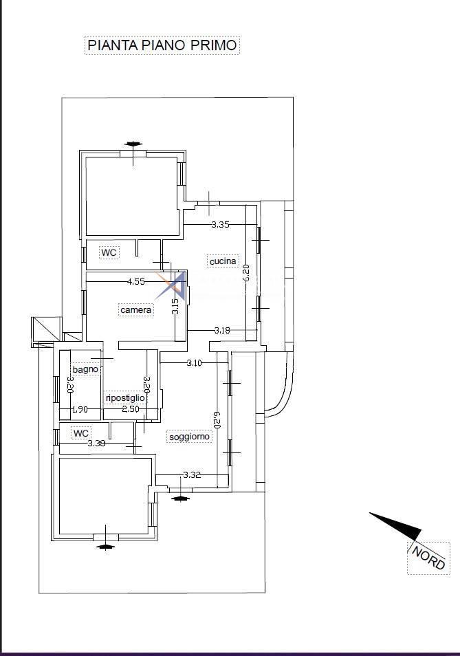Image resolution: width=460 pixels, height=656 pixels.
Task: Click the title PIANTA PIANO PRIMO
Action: (162, 45)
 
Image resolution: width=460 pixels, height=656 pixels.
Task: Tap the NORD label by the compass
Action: (428, 558)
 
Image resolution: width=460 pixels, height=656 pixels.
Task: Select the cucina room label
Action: (223, 261)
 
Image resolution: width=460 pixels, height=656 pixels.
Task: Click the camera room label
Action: (135, 310)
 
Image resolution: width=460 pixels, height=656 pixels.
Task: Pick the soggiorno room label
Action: (189, 437)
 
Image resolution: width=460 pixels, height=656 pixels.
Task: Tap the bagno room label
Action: (85, 369)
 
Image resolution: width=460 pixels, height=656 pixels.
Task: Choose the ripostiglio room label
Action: (125, 398)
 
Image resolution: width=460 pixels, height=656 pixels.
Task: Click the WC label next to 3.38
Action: (80, 433)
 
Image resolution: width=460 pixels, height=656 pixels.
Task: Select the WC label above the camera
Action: (109, 252)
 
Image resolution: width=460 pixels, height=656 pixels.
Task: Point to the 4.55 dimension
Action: (136, 281)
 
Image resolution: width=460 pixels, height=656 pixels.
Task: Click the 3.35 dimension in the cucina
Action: (221, 225)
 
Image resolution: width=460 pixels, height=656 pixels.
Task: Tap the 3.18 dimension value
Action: (222, 330)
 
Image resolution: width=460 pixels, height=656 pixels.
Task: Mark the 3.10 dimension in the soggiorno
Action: (194, 362)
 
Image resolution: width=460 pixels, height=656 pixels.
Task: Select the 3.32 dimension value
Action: (192, 474)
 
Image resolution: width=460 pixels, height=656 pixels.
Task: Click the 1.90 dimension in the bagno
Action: (80, 409)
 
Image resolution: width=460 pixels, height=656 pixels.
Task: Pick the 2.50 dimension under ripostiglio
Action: (131, 409)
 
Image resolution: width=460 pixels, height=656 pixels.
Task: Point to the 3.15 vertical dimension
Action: (175, 306)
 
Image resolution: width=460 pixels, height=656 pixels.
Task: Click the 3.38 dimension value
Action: (96, 443)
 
